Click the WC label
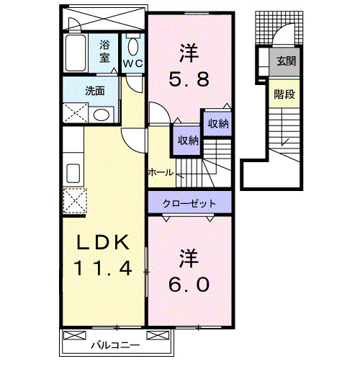click(133, 63)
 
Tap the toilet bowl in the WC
click(133, 47)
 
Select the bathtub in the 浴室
click(76, 53)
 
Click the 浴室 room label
click(104, 51)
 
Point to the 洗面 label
click(95, 91)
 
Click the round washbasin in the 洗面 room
click(102, 115)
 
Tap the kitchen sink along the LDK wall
click(73, 173)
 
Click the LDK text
click(102, 242)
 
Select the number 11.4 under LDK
click(103, 268)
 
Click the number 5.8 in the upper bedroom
click(189, 79)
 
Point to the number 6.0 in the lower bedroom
click(189, 285)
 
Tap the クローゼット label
click(189, 204)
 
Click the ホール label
click(161, 172)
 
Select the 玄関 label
click(287, 61)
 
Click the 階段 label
click(284, 94)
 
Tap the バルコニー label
click(115, 345)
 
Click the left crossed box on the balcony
click(74, 335)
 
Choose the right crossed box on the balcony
click(158, 335)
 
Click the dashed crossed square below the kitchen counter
click(75, 201)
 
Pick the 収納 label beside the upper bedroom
click(218, 124)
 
